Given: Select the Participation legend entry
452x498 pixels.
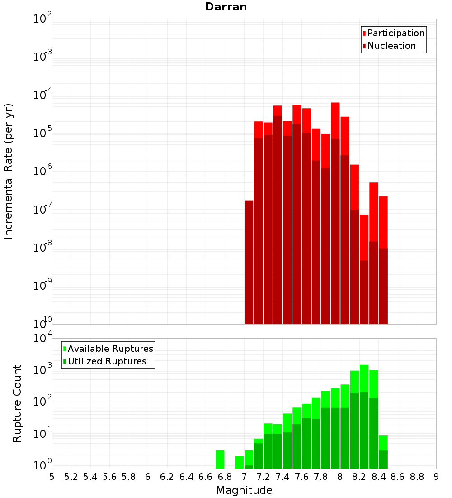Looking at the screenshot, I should pyautogui.click(x=395, y=33).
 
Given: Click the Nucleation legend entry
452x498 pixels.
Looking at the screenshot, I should pyautogui.click(x=391, y=46).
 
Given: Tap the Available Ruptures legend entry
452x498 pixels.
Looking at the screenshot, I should pyautogui.click(x=110, y=349).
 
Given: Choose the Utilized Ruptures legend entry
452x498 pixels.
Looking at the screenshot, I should pyautogui.click(x=107, y=361).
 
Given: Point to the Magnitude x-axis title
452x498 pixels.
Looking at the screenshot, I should pyautogui.click(x=244, y=490).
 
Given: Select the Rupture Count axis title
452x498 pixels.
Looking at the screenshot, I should pyautogui.click(x=17, y=403).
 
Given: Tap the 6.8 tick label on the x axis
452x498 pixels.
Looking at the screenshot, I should pyautogui.click(x=225, y=477).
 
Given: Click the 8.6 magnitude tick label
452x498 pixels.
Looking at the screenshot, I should pyautogui.click(x=398, y=477).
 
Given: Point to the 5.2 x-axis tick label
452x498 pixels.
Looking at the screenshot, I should pyautogui.click(x=71, y=477).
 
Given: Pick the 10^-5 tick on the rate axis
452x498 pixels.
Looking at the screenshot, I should pyautogui.click(x=42, y=133).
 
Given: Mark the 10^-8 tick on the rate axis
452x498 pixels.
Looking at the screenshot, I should pyautogui.click(x=42, y=248).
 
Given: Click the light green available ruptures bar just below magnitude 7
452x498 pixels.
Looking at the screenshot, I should pyautogui.click(x=239, y=462).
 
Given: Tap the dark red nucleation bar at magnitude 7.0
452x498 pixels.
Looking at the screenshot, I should pyautogui.click(x=249, y=263).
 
